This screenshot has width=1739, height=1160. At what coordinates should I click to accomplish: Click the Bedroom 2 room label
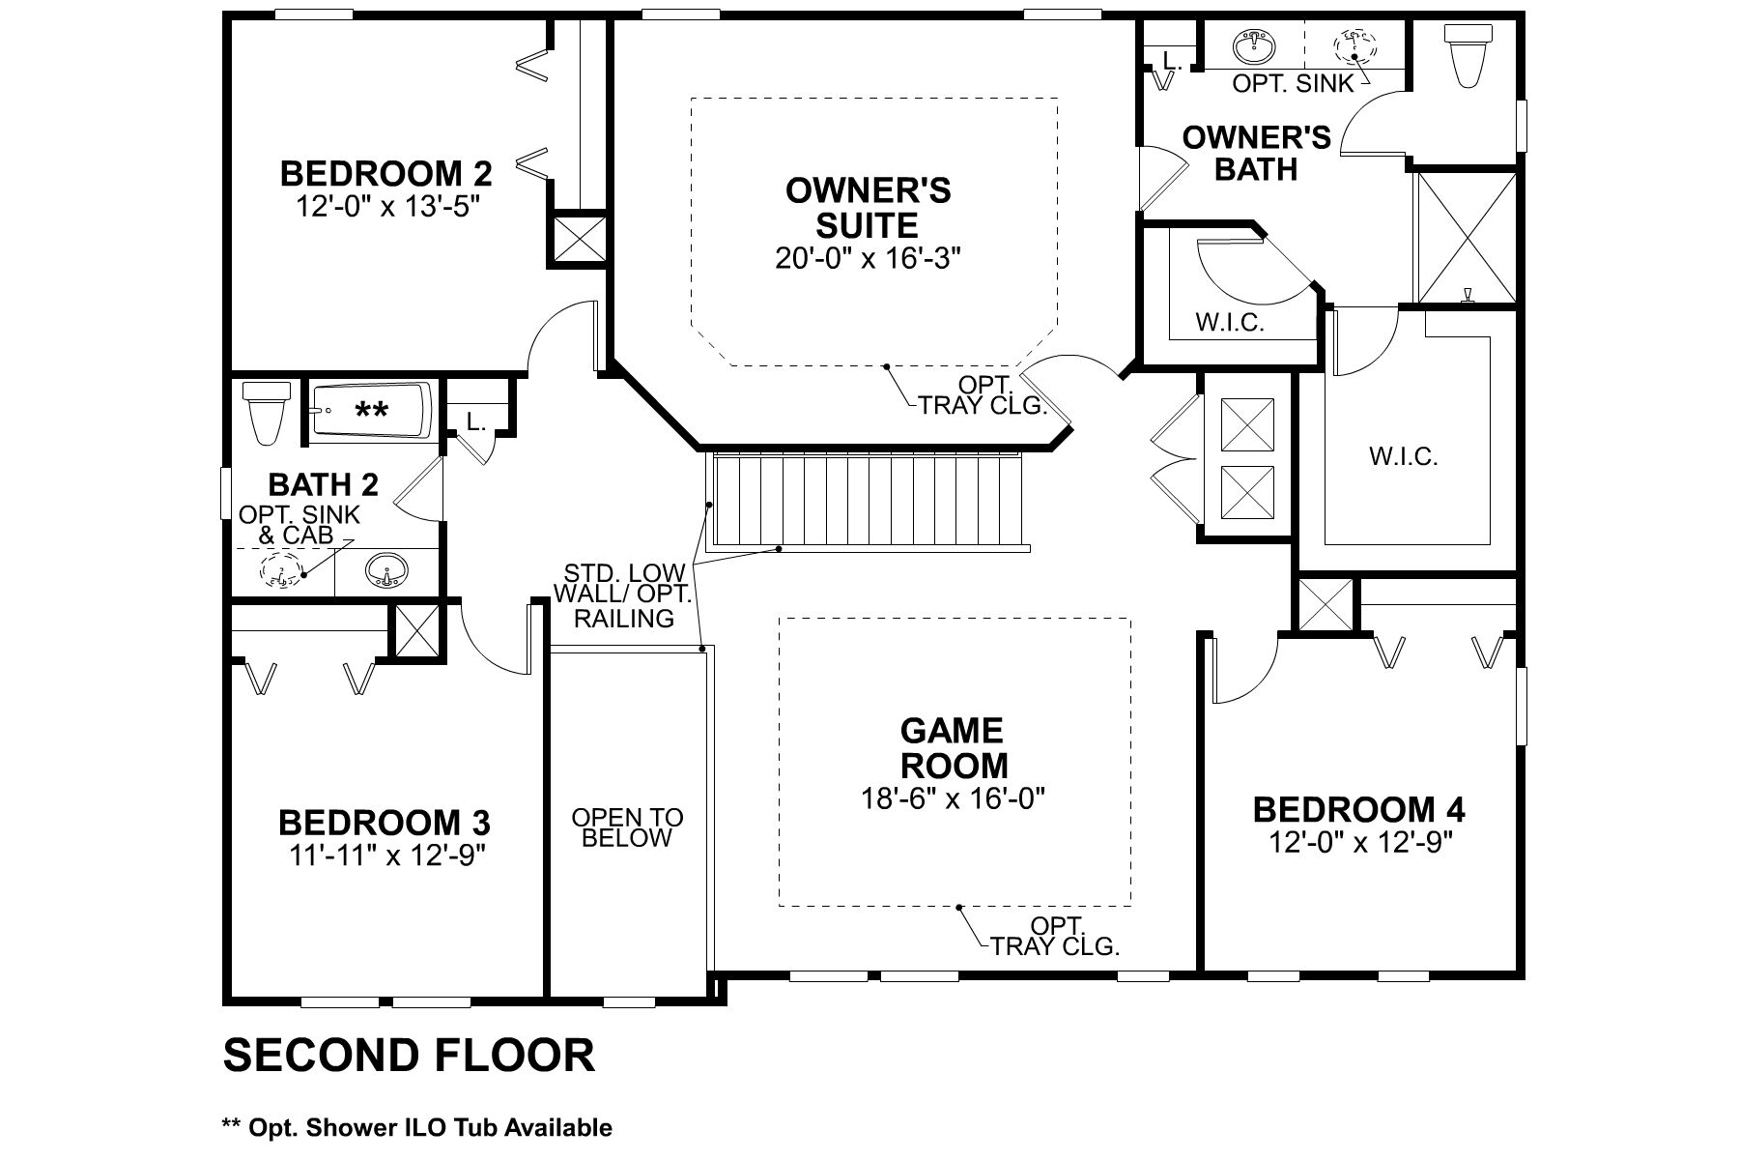pyautogui.click(x=386, y=174)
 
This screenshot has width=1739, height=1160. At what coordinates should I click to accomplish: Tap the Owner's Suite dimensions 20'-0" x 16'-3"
pyautogui.click(x=869, y=259)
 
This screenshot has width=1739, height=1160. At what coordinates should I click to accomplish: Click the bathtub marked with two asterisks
pyautogui.click(x=372, y=412)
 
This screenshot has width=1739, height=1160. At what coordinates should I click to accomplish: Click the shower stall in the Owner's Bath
pyautogui.click(x=1466, y=238)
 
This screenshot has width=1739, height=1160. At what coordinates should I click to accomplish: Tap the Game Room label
pyautogui.click(x=953, y=747)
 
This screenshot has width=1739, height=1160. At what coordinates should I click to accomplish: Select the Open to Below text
pyautogui.click(x=627, y=827)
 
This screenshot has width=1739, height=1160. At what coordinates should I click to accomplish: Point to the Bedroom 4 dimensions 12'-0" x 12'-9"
pyautogui.click(x=1361, y=842)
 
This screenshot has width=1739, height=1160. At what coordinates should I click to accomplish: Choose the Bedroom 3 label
pyautogui.click(x=385, y=823)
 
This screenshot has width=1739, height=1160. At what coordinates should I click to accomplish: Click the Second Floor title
pyautogui.click(x=409, y=1055)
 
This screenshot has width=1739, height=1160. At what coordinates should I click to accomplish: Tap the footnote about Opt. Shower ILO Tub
pyautogui.click(x=417, y=1127)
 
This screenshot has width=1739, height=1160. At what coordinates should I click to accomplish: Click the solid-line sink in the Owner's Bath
pyautogui.click(x=1255, y=44)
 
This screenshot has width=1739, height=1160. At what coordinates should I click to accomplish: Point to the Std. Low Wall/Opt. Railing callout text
pyautogui.click(x=624, y=595)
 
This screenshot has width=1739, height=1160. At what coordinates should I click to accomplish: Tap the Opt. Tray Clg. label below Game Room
pyautogui.click(x=1056, y=935)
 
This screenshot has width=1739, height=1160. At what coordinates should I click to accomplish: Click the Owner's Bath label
pyautogui.click(x=1257, y=153)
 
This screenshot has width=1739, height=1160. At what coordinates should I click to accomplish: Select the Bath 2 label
pyautogui.click(x=323, y=484)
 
